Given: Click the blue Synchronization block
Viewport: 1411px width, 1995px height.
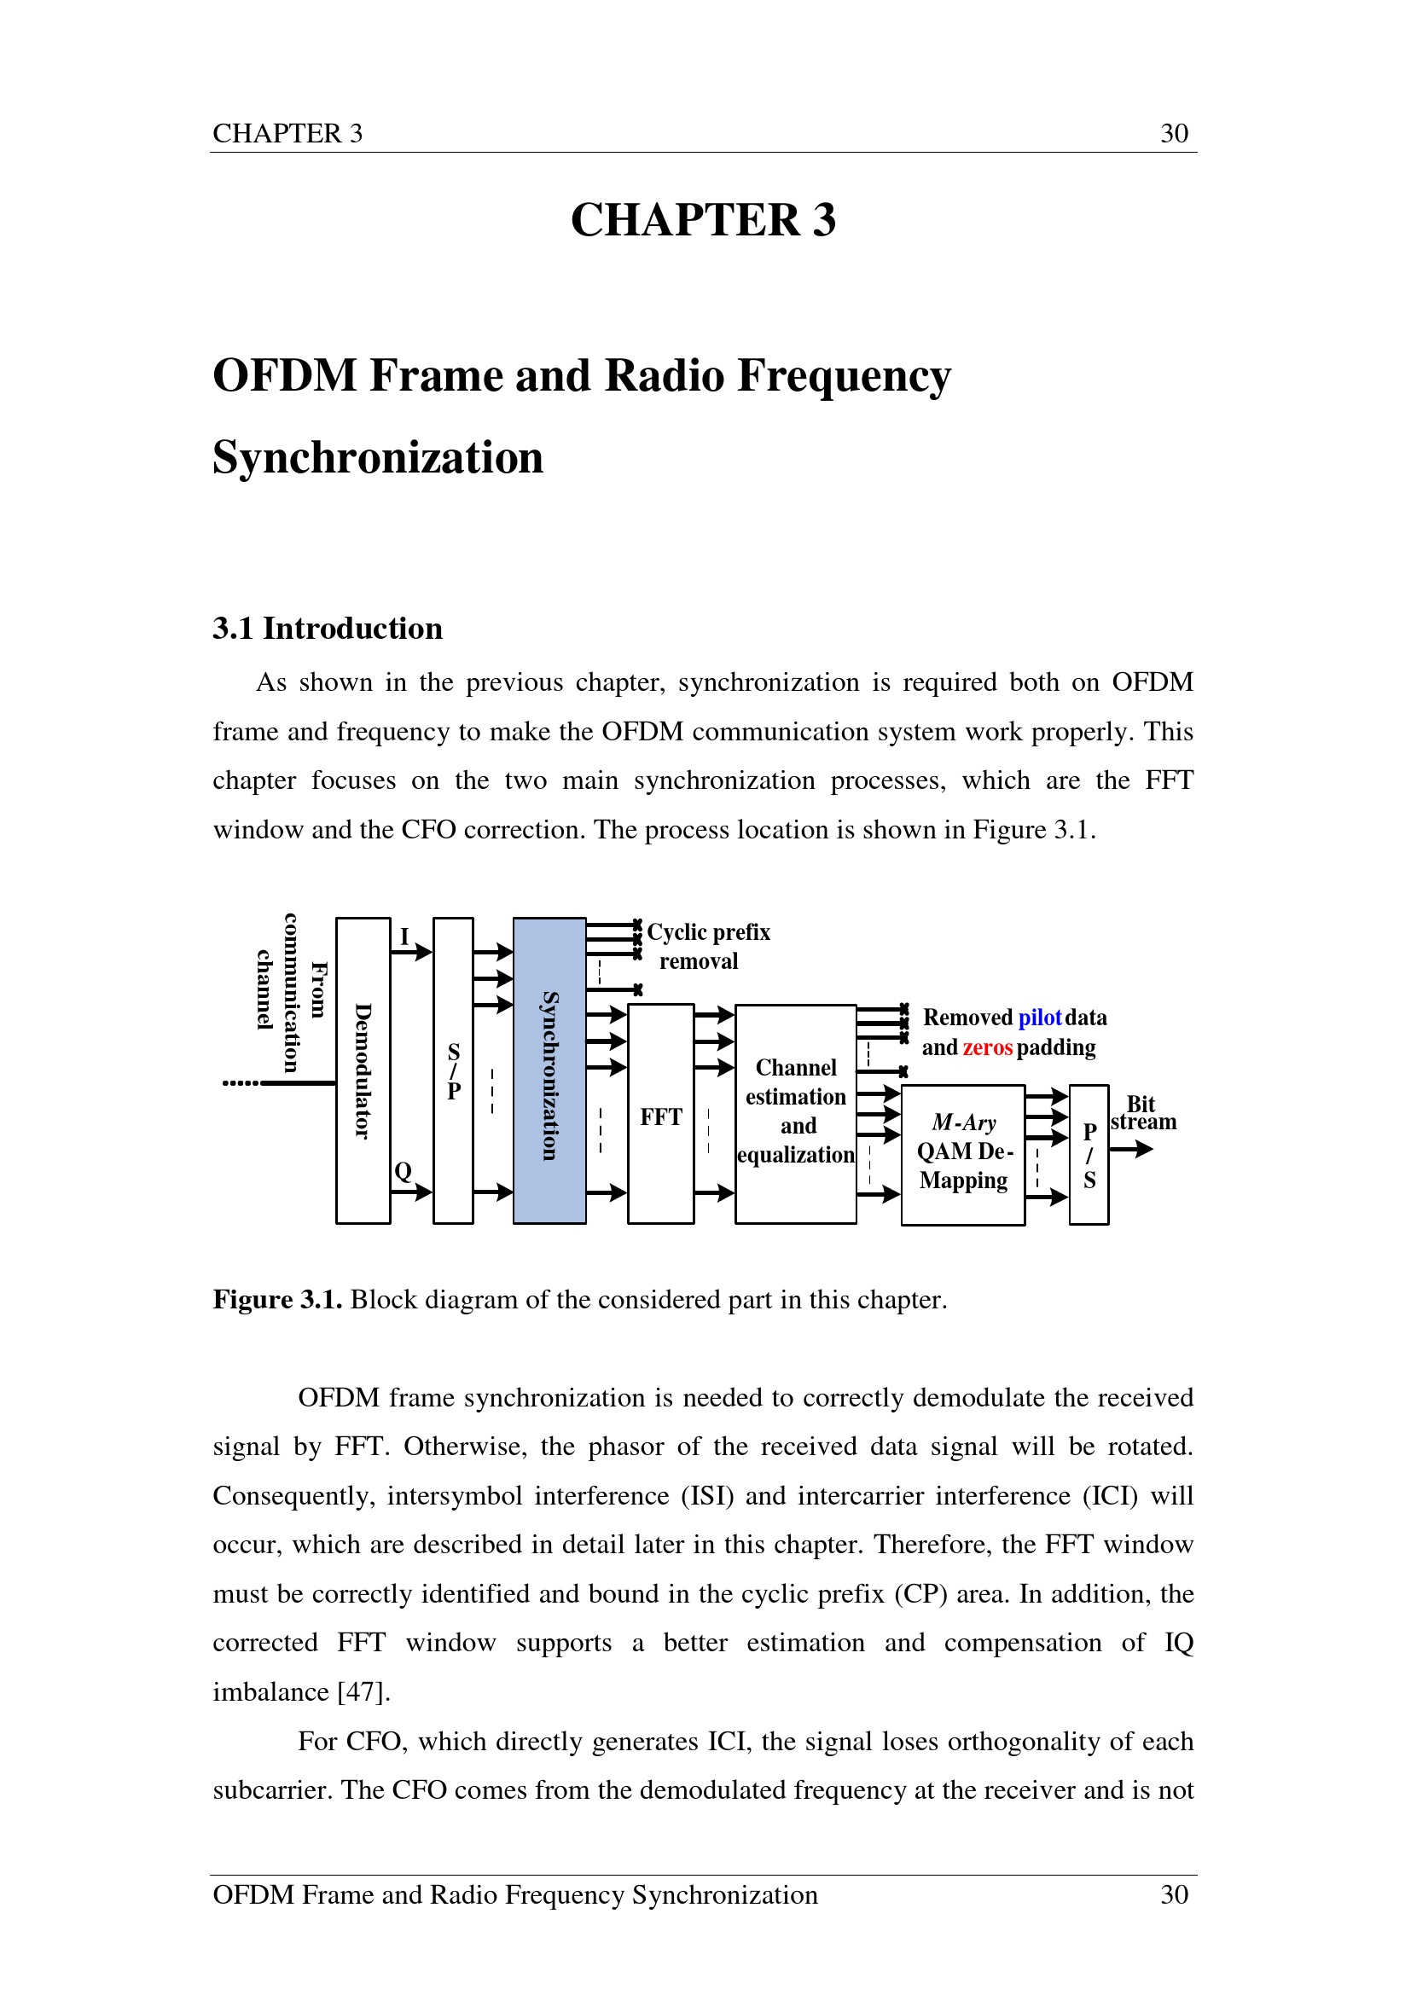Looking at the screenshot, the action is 549,1070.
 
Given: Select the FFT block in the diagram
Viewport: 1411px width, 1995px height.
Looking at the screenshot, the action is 660,1114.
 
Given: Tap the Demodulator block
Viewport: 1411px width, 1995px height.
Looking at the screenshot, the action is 363,1070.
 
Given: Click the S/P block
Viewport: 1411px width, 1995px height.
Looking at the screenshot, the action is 453,1070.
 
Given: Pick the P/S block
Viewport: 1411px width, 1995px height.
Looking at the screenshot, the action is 1089,1155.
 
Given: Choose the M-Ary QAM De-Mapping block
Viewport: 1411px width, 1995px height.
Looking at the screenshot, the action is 963,1155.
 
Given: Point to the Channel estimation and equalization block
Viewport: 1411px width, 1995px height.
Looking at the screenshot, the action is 796,1114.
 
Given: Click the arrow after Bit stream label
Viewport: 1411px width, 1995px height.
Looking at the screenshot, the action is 1132,1149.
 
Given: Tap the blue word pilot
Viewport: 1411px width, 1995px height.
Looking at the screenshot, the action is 1040,1018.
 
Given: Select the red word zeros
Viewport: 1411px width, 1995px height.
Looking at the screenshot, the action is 988,1047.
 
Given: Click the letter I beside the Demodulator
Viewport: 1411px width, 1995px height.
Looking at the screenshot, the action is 404,937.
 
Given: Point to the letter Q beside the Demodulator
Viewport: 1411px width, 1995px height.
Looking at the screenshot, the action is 404,1171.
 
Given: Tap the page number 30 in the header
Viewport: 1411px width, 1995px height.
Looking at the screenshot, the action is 1175,133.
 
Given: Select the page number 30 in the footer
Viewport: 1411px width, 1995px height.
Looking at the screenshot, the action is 1175,1894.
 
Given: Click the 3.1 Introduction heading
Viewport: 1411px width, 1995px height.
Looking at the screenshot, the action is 328,628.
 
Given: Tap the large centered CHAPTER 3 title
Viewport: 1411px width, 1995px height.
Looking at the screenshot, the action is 703,219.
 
